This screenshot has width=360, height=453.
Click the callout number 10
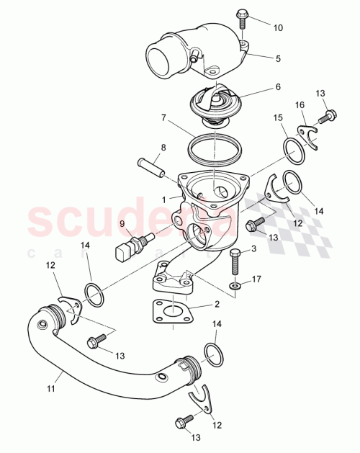pos(278,27)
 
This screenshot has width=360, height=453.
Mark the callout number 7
pos(163,117)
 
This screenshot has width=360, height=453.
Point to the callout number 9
pos(122,224)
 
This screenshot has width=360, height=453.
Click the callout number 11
pos(51,390)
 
